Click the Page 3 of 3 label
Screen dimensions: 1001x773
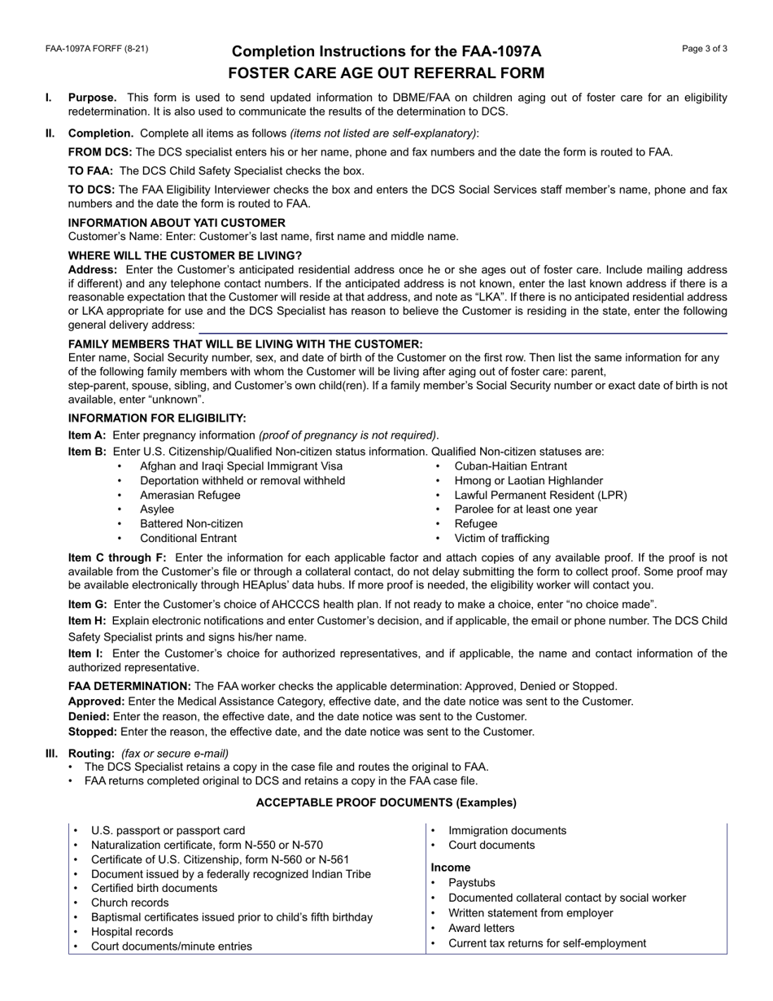(x=705, y=49)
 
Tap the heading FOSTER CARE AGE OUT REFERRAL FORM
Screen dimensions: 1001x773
(x=386, y=73)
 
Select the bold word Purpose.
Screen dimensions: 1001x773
(x=92, y=98)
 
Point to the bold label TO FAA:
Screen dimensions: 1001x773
(x=90, y=171)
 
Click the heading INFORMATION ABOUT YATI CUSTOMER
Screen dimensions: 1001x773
(x=177, y=222)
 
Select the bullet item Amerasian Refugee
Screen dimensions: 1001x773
(x=190, y=495)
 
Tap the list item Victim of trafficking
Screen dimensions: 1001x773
(x=501, y=538)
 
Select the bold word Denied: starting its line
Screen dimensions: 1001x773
(x=89, y=716)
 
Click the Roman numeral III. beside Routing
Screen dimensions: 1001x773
(x=51, y=753)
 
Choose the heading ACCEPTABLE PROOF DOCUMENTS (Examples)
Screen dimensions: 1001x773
(x=386, y=802)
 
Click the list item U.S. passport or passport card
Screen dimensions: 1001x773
(x=168, y=830)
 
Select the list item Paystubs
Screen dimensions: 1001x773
(x=472, y=883)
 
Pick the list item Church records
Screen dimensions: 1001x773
(x=130, y=903)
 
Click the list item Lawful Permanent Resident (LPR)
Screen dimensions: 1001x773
(x=540, y=495)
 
